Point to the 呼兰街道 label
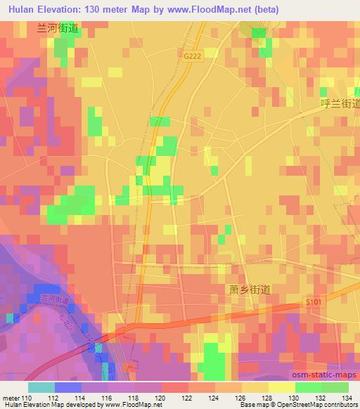tap(339, 103)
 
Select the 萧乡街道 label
tap(250, 289)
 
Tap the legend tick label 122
tap(188, 398)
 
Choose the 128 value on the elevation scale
tap(269, 398)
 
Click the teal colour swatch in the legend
tap(41, 387)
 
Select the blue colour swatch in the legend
tap(68, 387)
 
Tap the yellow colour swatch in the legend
tap(282, 387)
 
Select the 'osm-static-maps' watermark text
tap(331, 375)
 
